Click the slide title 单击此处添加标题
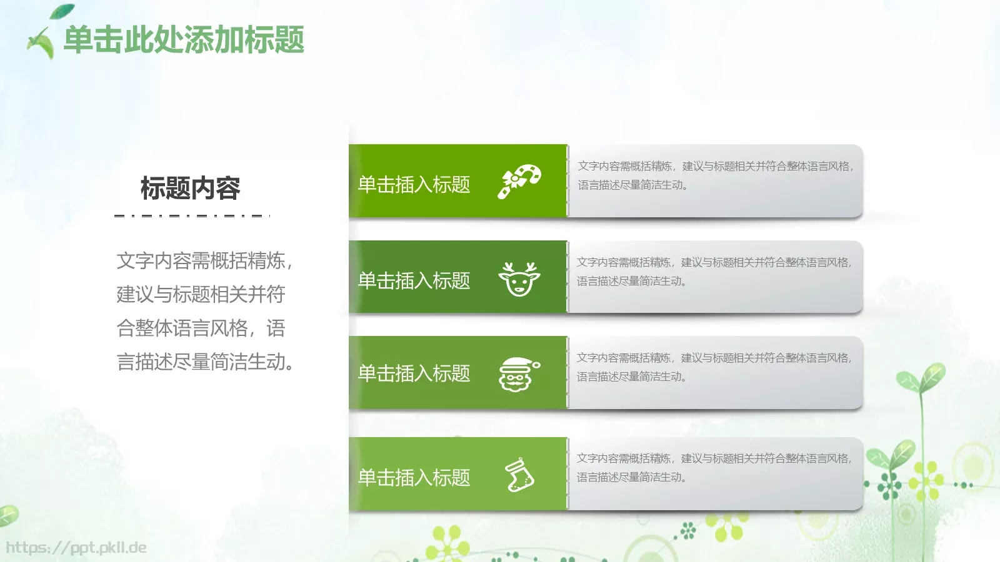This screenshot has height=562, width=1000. click(184, 40)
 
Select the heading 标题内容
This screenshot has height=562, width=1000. click(190, 188)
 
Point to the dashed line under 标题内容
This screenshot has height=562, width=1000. click(192, 216)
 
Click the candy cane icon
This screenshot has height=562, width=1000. click(519, 181)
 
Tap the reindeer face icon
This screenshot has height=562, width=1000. click(519, 279)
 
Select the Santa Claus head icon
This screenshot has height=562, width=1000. click(518, 374)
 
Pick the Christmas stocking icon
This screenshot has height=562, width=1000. click(519, 476)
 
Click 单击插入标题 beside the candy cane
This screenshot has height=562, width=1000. click(414, 185)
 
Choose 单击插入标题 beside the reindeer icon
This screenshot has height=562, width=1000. click(414, 281)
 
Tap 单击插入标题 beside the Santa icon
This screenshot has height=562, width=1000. click(414, 373)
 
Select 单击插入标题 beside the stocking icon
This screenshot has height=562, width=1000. click(414, 478)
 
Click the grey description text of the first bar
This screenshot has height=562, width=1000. click(715, 175)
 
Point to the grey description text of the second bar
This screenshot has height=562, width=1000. click(714, 272)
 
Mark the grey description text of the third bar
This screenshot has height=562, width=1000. click(714, 367)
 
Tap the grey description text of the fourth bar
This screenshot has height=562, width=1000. click(714, 468)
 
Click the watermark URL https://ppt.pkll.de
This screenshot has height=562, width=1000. click(76, 548)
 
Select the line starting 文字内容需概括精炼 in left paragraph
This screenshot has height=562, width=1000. click(204, 260)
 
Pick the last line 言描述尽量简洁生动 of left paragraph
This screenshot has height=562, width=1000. click(205, 362)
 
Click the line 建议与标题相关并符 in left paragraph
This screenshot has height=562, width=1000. click(201, 294)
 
